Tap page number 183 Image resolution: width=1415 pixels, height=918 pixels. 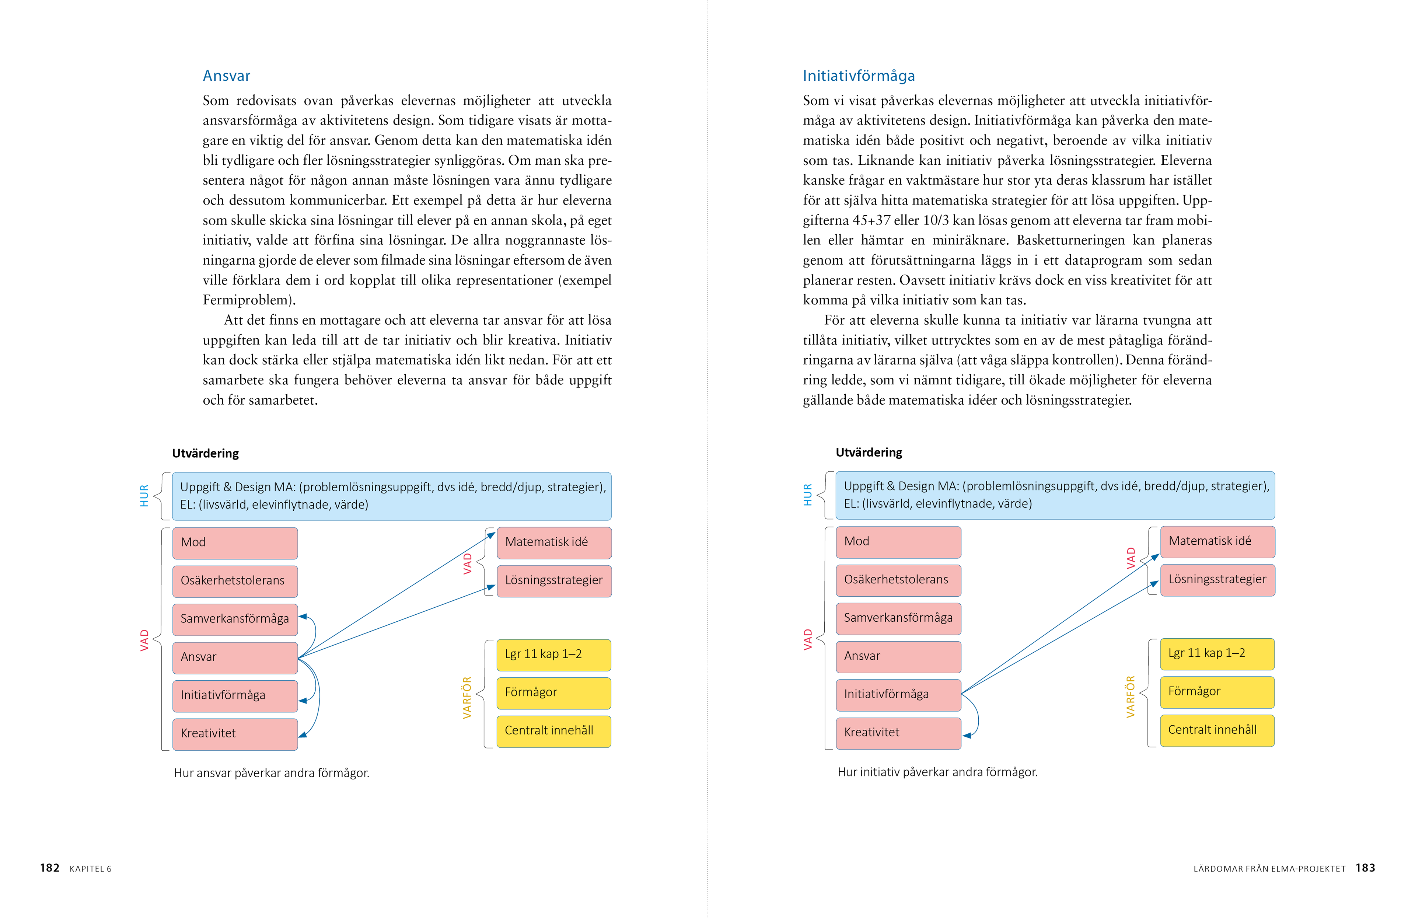(1365, 868)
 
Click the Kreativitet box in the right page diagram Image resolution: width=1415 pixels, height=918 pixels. (898, 733)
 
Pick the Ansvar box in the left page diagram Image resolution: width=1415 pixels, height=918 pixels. (235, 657)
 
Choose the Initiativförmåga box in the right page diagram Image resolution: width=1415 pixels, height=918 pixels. (898, 694)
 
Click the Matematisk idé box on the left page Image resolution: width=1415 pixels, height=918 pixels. (553, 542)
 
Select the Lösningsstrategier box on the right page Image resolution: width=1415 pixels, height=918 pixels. (1217, 580)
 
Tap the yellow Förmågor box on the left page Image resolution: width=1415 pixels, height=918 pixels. (553, 693)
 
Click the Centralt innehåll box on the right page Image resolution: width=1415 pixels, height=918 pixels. (1217, 730)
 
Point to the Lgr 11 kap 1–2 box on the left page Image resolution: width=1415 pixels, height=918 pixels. (553, 655)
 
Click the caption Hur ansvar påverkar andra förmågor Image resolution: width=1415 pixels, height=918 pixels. (271, 773)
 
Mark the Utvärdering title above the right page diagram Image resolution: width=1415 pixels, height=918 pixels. (869, 453)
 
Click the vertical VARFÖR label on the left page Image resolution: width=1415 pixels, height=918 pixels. (467, 697)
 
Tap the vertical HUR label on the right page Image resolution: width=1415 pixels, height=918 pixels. (807, 495)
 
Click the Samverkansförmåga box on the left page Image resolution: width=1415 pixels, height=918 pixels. (235, 619)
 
